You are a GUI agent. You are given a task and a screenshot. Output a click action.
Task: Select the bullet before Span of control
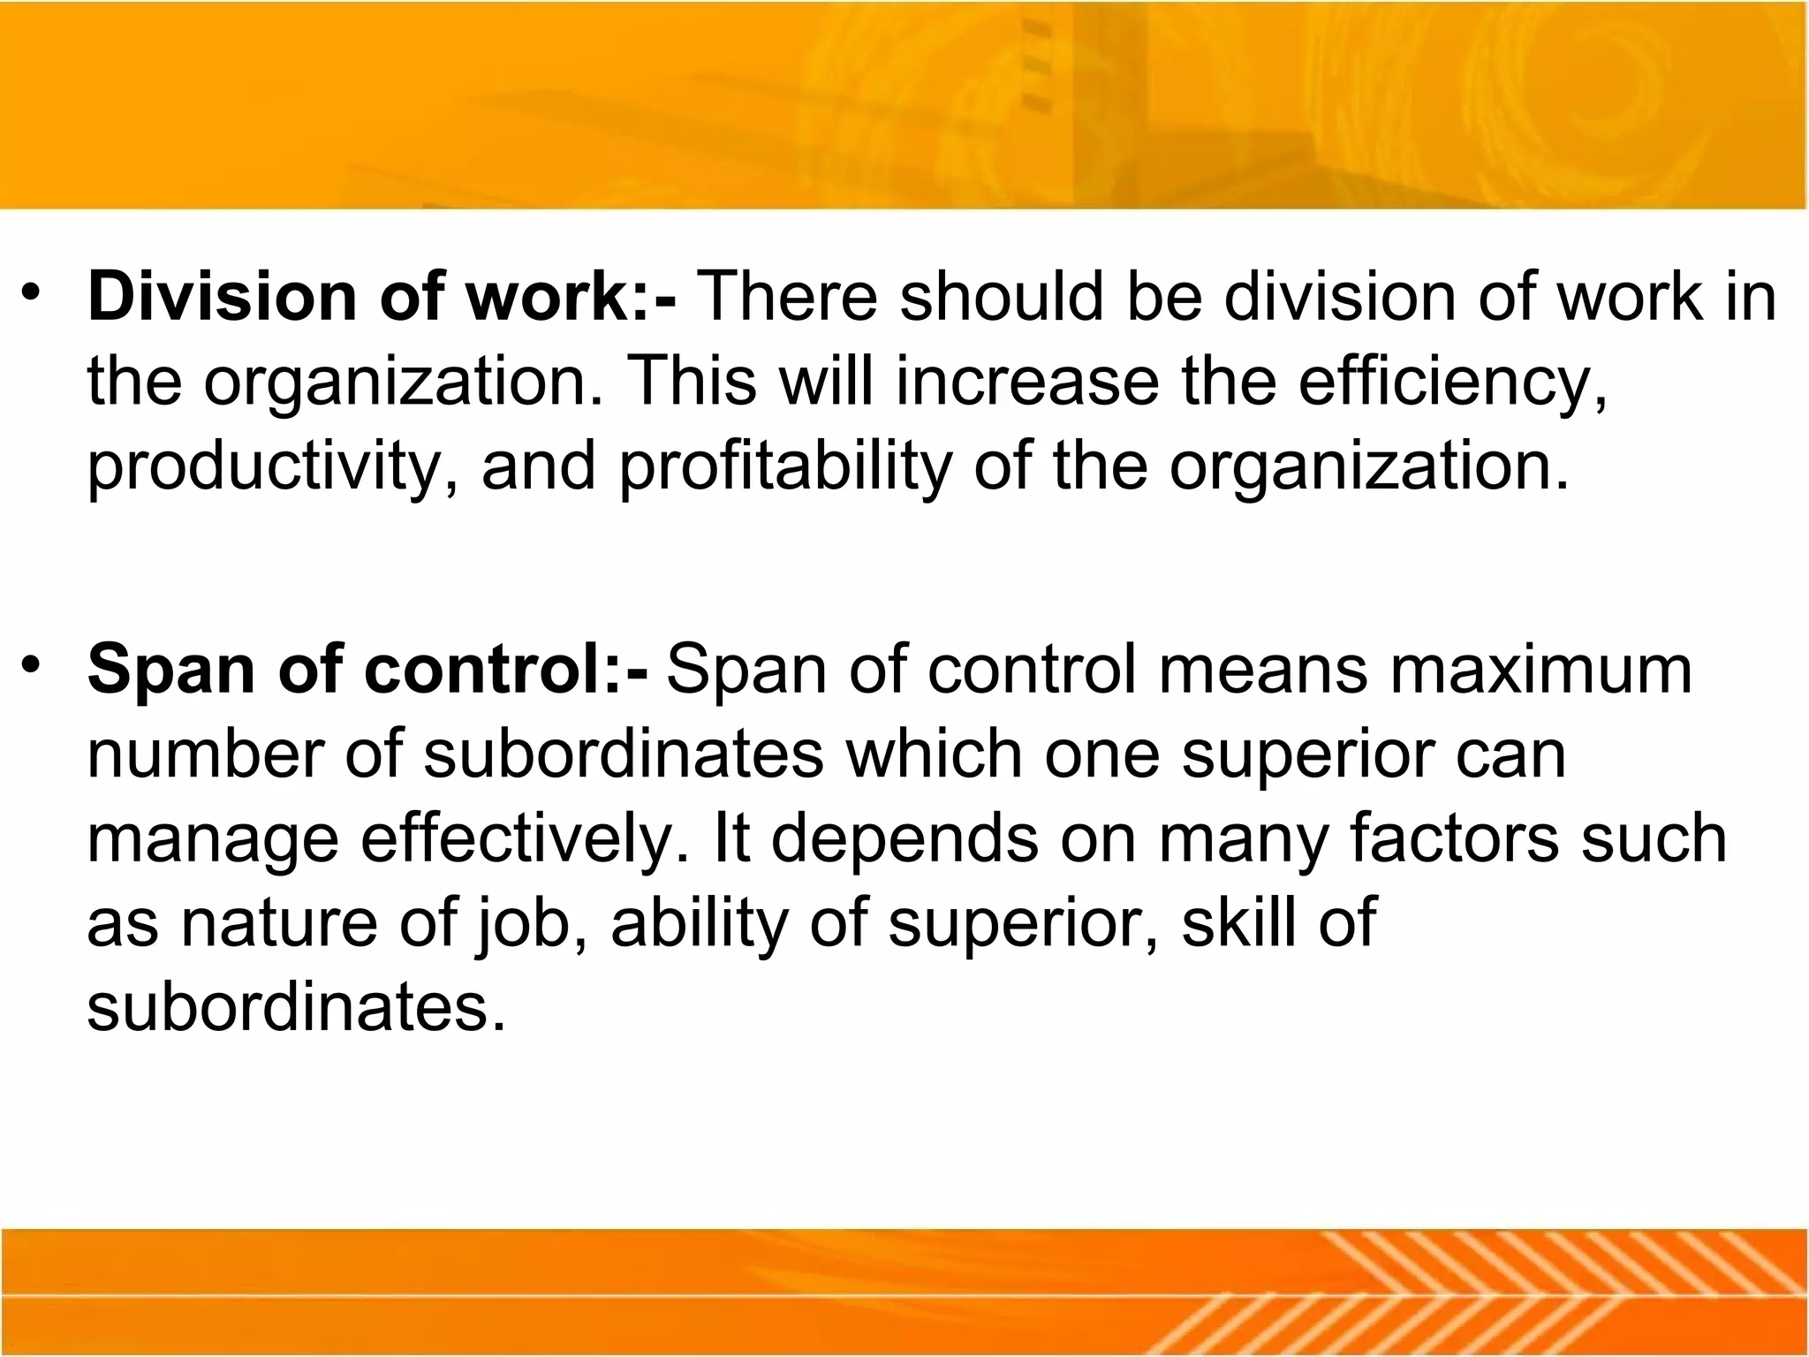[33, 665]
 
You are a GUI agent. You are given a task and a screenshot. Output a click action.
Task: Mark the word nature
[278, 924]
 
